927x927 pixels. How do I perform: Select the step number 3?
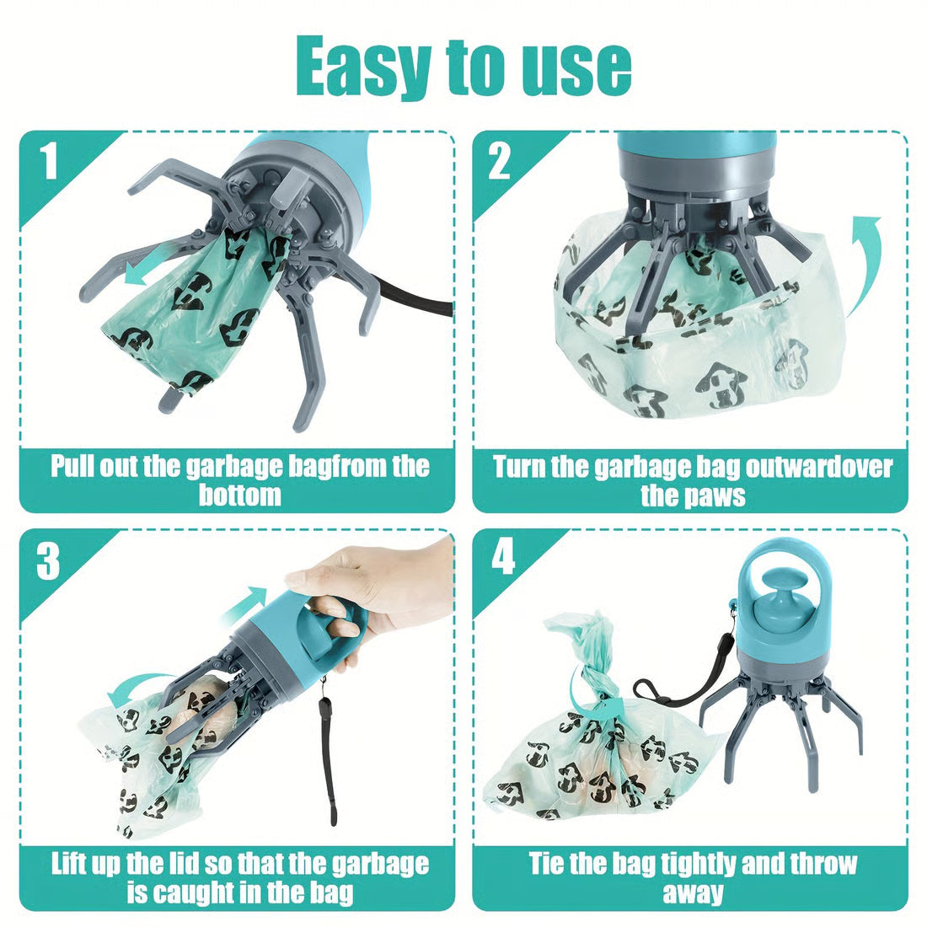pyautogui.click(x=49, y=560)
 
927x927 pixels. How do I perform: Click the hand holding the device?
pyautogui.click(x=371, y=590)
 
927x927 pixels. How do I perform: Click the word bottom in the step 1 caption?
pyautogui.click(x=239, y=495)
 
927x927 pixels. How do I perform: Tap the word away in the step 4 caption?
pyautogui.click(x=692, y=892)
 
